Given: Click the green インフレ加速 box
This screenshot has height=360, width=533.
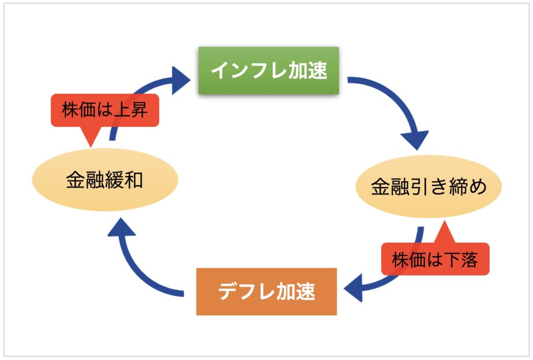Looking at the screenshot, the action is (x=269, y=70).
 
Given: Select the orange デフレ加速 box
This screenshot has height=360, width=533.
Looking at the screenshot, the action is (x=266, y=292).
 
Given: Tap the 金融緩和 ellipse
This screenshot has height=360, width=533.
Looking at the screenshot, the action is (x=105, y=180).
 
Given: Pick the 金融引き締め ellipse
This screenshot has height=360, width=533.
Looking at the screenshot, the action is (x=429, y=187).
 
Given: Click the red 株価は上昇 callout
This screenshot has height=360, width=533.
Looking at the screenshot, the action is (x=105, y=110).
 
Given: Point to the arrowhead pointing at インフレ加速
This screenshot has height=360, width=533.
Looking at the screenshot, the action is (x=181, y=80).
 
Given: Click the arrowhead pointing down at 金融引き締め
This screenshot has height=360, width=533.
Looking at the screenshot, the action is (x=415, y=140).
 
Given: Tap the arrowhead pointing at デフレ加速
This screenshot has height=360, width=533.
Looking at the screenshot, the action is (x=353, y=289).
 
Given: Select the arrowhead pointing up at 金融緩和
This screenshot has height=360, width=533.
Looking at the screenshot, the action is (x=122, y=227).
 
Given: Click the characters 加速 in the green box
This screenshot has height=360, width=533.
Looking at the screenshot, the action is (x=308, y=70).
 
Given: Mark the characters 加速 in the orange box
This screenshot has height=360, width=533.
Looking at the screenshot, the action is (x=296, y=292).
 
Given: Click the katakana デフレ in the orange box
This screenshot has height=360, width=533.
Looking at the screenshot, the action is (x=246, y=292).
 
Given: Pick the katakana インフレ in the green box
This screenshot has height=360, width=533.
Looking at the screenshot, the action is (x=249, y=70).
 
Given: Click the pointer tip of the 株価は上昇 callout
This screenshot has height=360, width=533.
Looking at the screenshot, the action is (x=91, y=147).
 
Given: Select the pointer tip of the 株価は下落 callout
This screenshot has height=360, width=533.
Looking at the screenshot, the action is (x=444, y=221).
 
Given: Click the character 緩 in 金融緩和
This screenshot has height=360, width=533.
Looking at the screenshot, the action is (x=114, y=180).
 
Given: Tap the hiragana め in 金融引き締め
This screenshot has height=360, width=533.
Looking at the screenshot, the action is (x=477, y=187).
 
